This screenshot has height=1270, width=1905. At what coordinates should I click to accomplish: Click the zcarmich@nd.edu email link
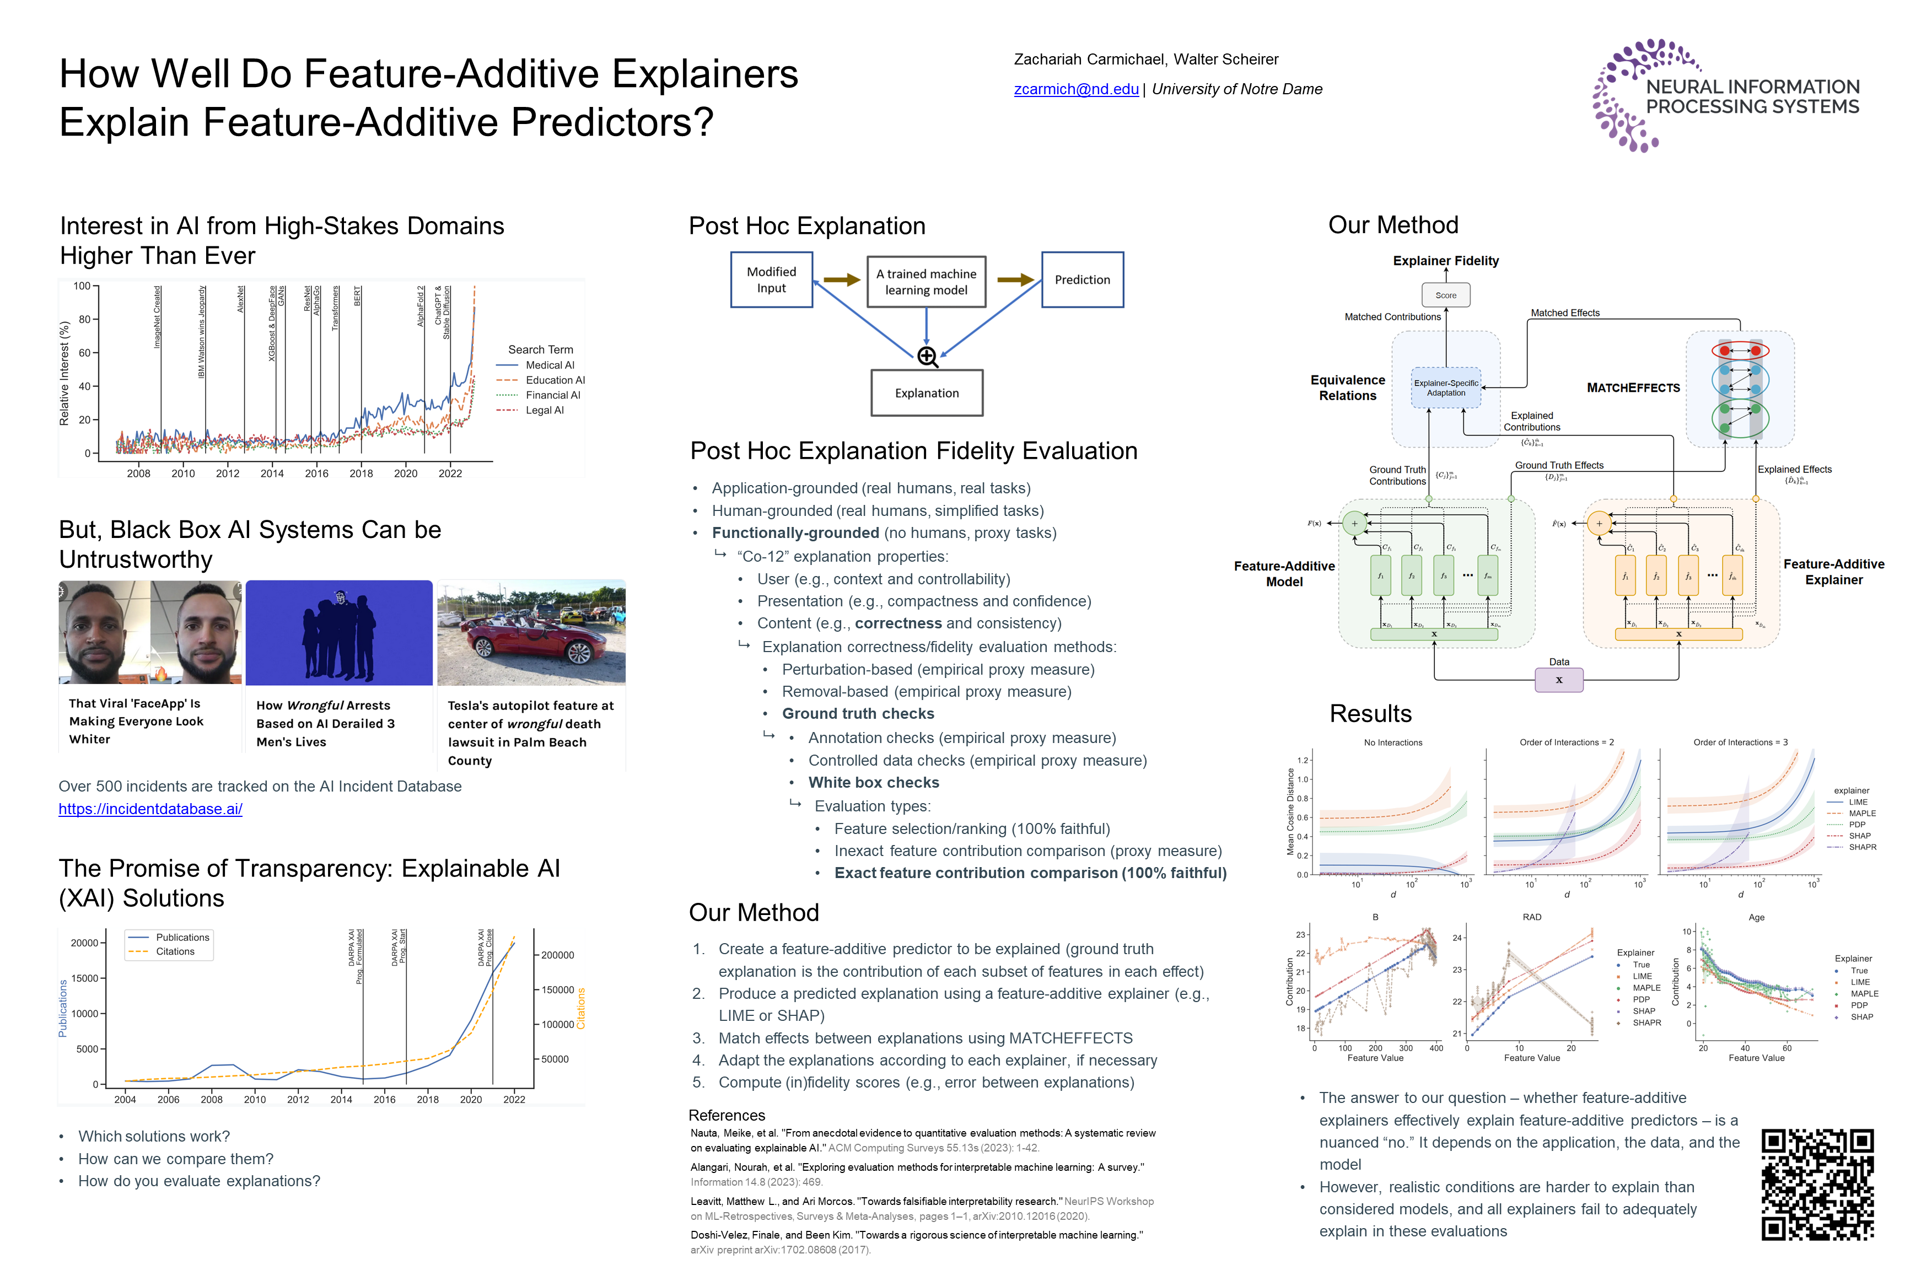pos(1075,89)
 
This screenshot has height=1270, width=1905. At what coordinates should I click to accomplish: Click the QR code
pos(1817,1184)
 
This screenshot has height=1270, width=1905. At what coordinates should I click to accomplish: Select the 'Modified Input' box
pos(771,280)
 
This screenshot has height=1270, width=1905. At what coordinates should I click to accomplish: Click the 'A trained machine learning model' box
pos(926,282)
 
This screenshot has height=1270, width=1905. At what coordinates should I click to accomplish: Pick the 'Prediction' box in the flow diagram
pos(1081,280)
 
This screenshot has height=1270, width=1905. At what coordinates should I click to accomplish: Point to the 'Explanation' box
pos(927,393)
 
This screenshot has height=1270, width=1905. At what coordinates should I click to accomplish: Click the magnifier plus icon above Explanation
pos(927,356)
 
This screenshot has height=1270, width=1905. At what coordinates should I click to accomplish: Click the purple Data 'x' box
pos(1558,680)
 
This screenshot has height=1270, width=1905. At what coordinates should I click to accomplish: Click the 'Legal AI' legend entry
pos(544,411)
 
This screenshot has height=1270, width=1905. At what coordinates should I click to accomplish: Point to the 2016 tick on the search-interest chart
pos(317,473)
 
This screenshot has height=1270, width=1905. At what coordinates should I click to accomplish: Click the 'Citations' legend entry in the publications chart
pos(175,952)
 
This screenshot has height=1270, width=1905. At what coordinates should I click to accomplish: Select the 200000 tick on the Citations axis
pos(557,955)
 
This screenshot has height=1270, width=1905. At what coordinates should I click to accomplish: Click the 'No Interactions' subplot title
pos(1392,742)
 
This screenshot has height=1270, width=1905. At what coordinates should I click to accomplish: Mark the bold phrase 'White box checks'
pos(873,782)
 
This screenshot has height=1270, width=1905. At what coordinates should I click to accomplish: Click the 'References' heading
pos(727,1115)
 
